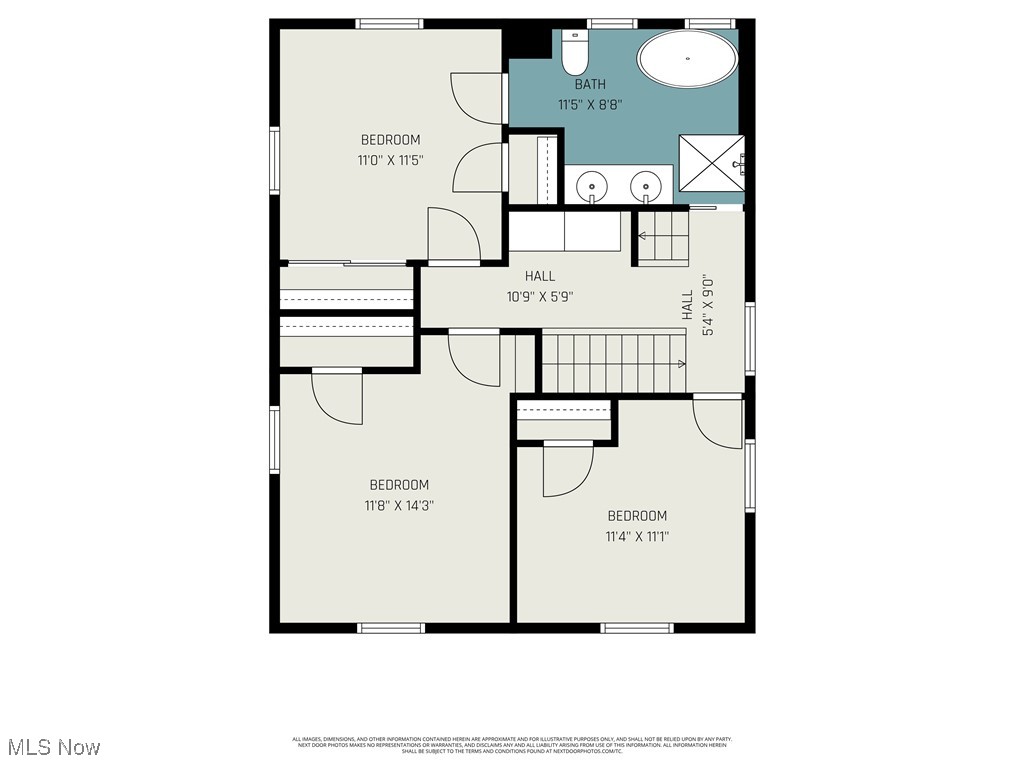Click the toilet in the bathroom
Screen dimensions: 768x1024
(x=574, y=53)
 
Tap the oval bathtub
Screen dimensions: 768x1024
(x=688, y=60)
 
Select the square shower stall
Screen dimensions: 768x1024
(x=712, y=162)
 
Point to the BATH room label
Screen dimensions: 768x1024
(x=589, y=85)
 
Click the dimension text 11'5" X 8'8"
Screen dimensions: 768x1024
(x=590, y=103)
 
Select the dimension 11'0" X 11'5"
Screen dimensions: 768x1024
(x=391, y=159)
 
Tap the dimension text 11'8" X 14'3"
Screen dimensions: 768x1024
(x=399, y=505)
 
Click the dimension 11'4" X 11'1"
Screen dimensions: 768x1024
(x=637, y=536)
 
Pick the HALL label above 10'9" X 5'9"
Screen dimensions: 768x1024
(x=540, y=276)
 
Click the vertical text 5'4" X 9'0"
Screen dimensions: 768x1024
(x=708, y=305)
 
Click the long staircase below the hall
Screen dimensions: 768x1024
(x=613, y=363)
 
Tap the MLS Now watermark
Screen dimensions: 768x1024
(x=54, y=747)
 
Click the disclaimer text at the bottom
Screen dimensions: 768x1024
(x=512, y=745)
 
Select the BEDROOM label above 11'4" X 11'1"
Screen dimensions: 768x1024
(x=637, y=516)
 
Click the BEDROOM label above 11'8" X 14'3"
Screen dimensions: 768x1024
(x=399, y=485)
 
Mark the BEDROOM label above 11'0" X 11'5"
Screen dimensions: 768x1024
(x=391, y=140)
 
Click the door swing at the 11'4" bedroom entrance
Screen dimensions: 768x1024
(x=715, y=420)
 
